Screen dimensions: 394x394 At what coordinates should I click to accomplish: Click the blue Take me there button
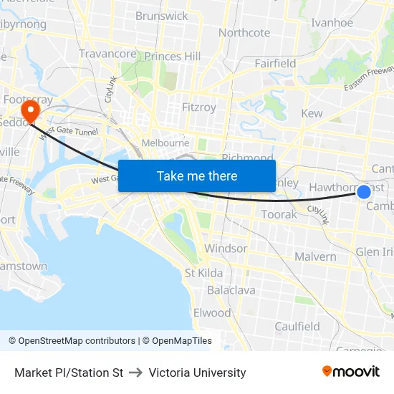[x=197, y=176]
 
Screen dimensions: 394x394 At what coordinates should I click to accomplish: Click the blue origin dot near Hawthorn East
[x=364, y=191]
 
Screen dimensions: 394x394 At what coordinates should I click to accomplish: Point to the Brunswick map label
[x=162, y=16]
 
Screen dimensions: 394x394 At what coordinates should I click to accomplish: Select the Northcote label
[x=244, y=32]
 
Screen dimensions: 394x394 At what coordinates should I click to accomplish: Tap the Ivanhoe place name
[x=332, y=22]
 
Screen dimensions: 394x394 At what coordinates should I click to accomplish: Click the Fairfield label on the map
[x=275, y=63]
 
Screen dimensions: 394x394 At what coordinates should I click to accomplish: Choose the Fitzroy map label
[x=199, y=107]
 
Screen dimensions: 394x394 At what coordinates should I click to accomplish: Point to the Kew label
[x=312, y=113]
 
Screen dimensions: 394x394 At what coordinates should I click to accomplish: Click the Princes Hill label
[x=173, y=56]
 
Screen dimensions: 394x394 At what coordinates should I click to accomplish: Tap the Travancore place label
[x=107, y=54]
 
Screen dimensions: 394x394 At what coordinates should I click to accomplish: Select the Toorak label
[x=279, y=214]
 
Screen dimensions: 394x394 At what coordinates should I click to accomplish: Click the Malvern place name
[x=315, y=256]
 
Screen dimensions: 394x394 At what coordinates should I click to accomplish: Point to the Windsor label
[x=226, y=249]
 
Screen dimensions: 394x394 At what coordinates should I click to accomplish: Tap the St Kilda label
[x=203, y=273]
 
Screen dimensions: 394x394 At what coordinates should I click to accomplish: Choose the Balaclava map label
[x=231, y=290]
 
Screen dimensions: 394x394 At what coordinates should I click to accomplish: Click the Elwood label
[x=212, y=312]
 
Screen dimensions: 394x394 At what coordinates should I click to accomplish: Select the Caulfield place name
[x=297, y=326]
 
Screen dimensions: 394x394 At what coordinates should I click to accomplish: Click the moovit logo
[x=351, y=371]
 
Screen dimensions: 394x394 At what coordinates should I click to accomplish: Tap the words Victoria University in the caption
[x=197, y=373]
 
